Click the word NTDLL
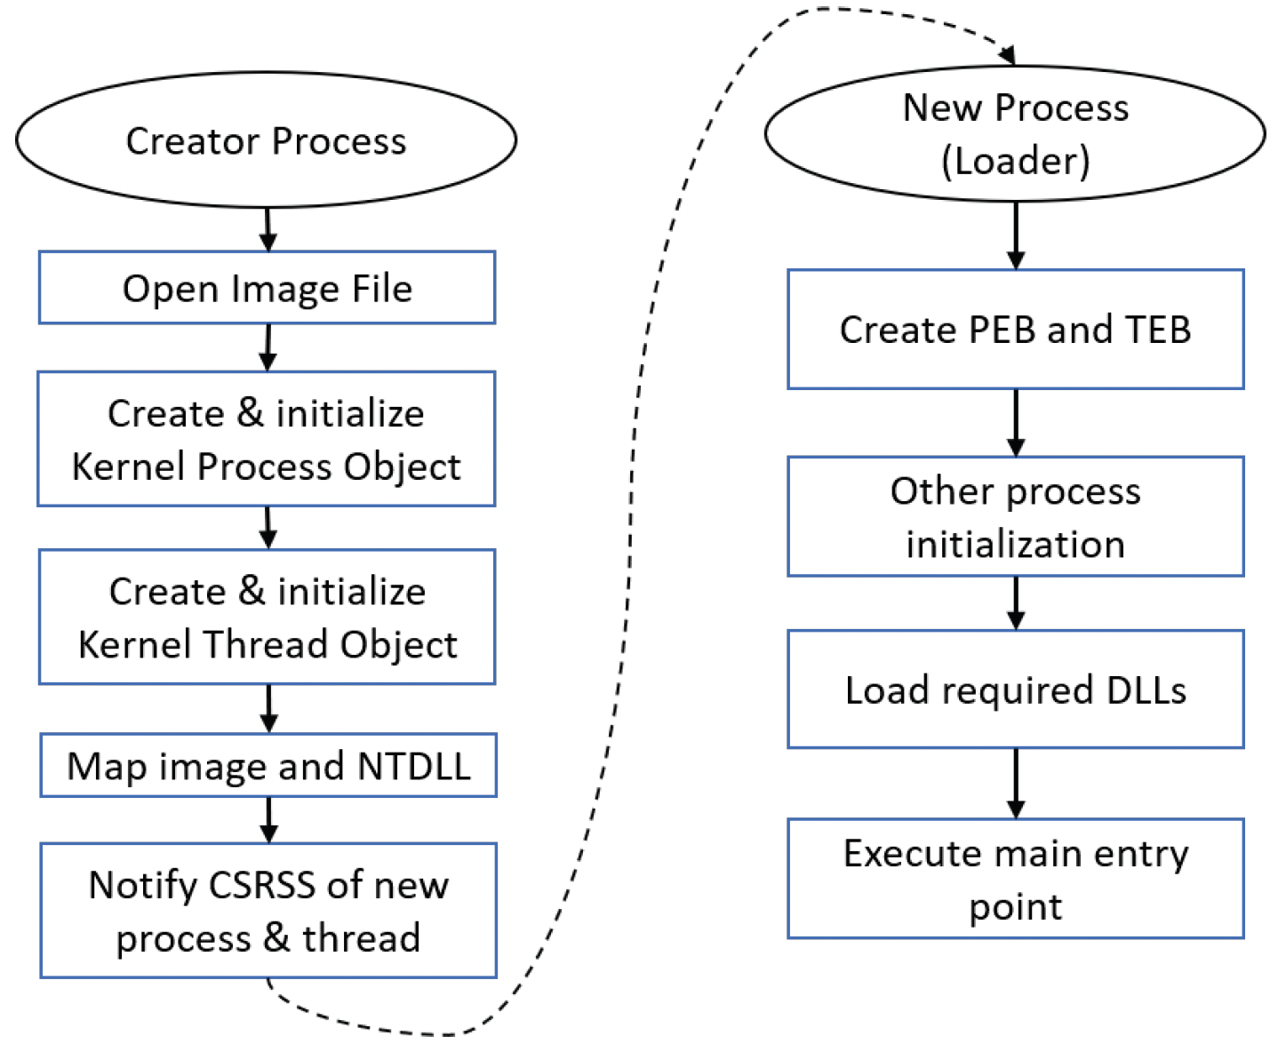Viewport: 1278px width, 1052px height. coord(414,766)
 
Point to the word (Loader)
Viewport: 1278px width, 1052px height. coord(1016,161)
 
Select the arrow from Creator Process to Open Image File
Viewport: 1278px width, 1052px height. coord(268,229)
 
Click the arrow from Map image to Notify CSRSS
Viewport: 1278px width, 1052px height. coord(268,820)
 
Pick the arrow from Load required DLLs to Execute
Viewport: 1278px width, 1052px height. coord(1016,784)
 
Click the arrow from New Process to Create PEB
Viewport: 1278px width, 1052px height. coord(1016,235)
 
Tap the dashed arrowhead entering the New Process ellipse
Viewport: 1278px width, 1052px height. coord(1007,55)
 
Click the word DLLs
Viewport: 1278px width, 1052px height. coord(1146,690)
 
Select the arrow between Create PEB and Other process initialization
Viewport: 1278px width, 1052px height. coord(1016,423)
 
